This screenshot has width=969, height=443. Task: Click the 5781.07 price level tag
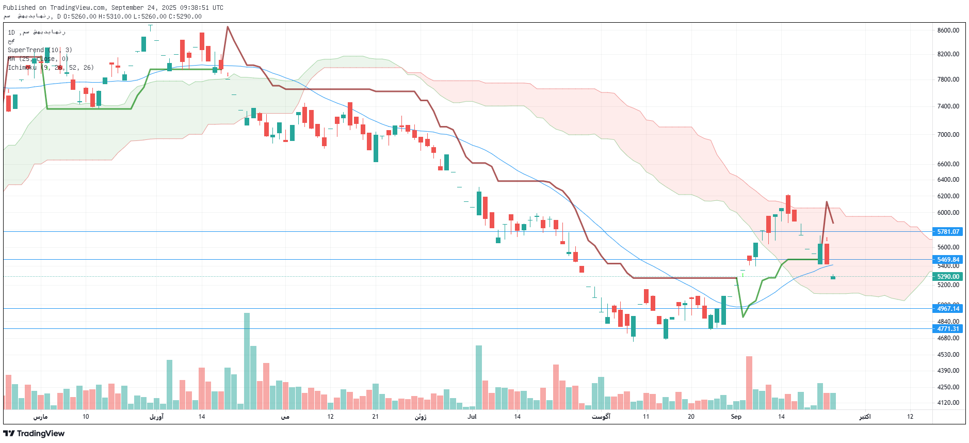948,232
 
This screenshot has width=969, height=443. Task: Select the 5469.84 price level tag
948,260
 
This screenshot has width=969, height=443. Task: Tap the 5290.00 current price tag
948,277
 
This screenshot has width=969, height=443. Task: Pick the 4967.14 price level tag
948,309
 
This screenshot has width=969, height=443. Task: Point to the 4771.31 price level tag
948,329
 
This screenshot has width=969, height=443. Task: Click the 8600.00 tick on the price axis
948,30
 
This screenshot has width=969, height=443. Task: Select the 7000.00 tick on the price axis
948,135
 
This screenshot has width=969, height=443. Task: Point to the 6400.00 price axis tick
948,180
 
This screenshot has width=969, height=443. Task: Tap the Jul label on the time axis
472,417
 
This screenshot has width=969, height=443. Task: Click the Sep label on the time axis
736,417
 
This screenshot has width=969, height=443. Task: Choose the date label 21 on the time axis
375,417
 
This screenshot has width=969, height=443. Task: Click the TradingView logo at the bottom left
34,433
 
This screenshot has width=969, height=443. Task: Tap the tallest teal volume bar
247,361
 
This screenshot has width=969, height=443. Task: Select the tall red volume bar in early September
749,382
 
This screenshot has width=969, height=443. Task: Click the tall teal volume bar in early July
478,377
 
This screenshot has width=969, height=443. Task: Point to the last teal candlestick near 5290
833,277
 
